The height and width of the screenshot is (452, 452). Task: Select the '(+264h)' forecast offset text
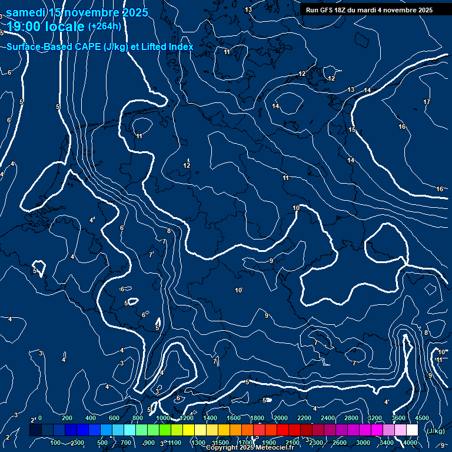[105, 26]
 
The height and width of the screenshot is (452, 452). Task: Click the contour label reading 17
[427, 102]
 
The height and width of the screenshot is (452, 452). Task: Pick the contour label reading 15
[352, 129]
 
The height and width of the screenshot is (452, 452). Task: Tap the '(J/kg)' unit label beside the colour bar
[435, 431]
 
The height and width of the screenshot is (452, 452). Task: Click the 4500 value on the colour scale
[422, 418]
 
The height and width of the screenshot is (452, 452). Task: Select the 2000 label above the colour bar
[281, 418]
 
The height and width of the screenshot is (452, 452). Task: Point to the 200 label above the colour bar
[67, 418]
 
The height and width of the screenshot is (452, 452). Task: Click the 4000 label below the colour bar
[410, 443]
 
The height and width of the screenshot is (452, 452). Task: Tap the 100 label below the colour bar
[56, 443]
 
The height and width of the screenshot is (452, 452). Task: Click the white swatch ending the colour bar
[412, 430]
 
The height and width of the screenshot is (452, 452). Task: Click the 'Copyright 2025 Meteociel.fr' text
[250, 448]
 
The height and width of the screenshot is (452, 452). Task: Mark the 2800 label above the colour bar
[351, 418]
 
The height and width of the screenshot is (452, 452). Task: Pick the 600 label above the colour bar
[114, 418]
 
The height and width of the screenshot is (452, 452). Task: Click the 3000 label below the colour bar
[363, 443]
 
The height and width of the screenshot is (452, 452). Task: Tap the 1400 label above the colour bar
[209, 418]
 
